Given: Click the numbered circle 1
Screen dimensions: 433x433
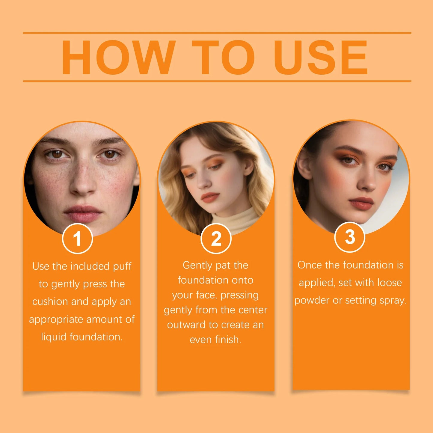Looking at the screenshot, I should point(77,239).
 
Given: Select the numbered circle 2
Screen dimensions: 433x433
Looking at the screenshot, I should point(216,239).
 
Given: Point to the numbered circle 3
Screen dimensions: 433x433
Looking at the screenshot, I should point(349,237).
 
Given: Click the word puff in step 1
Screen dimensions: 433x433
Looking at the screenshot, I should point(122,266).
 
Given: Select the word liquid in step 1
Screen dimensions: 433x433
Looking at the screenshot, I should point(54,337).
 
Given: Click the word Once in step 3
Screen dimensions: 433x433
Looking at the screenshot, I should point(310,265).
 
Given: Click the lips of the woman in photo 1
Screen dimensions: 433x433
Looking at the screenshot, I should point(83,213).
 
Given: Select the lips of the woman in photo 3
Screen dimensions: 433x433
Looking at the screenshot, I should point(361,203).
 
